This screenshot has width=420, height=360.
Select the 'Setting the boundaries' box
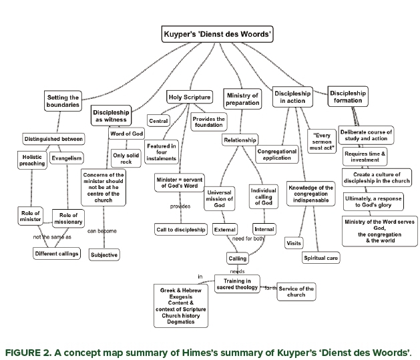tap(63, 101)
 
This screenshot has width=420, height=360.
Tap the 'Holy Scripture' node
tap(189, 96)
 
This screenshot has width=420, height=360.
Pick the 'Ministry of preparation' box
tap(242, 100)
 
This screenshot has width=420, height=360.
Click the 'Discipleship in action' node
tap(292, 98)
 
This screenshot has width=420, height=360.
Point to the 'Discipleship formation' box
tap(348, 97)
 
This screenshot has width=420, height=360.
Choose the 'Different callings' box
tap(57, 253)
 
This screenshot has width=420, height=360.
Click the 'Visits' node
tap(294, 243)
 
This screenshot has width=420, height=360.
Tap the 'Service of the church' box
tap(296, 292)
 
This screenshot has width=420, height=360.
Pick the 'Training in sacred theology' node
tap(236, 284)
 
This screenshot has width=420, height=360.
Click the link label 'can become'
tap(101, 231)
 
